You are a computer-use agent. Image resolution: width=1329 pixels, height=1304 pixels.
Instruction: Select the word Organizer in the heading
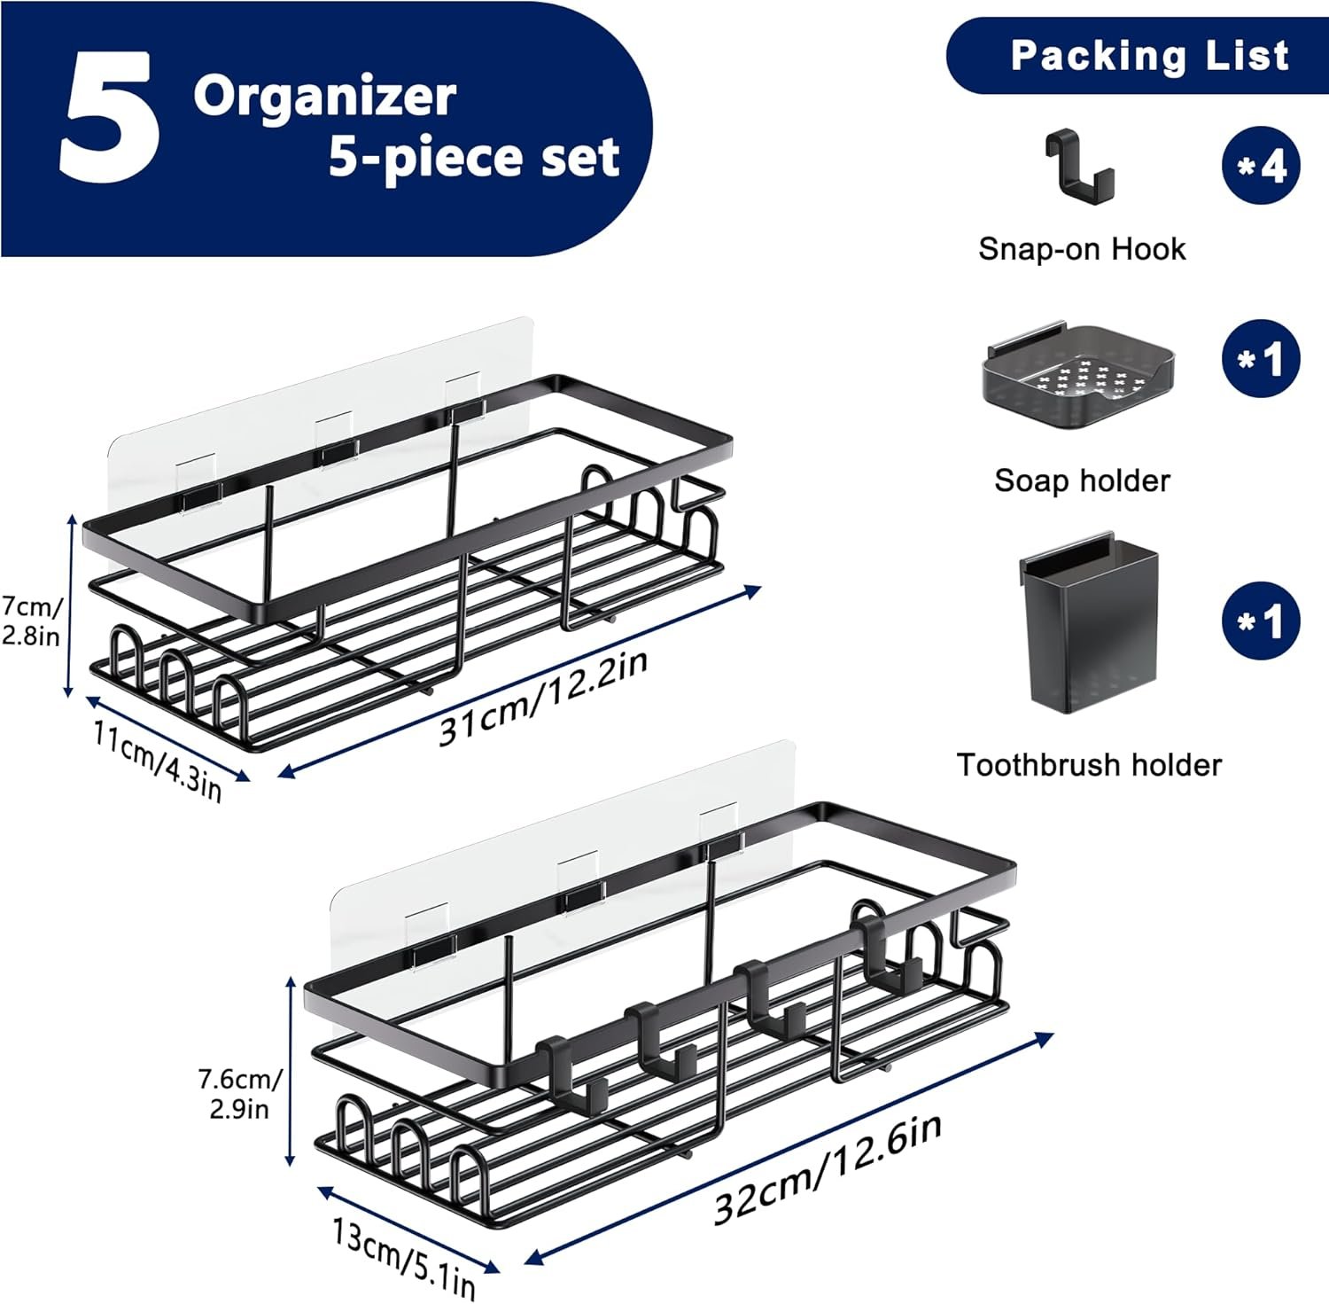(x=324, y=96)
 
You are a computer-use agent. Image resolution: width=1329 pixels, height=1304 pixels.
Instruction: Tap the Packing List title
(x=1149, y=56)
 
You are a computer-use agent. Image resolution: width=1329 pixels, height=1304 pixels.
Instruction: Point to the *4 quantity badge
(x=1260, y=166)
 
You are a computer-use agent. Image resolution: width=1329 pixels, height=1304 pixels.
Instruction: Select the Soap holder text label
(x=1082, y=481)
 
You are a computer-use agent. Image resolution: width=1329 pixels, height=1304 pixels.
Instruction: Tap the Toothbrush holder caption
(x=1089, y=765)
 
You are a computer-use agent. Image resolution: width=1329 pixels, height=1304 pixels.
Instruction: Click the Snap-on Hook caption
(x=1081, y=249)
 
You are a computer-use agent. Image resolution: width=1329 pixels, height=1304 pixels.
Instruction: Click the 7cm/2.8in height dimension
(x=32, y=621)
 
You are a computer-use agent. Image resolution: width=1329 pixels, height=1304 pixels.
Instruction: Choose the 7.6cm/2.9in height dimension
(x=239, y=1094)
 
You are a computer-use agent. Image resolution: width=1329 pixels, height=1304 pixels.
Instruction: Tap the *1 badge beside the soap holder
(x=1260, y=360)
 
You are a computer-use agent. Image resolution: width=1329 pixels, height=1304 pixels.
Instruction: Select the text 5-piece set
(x=473, y=158)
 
